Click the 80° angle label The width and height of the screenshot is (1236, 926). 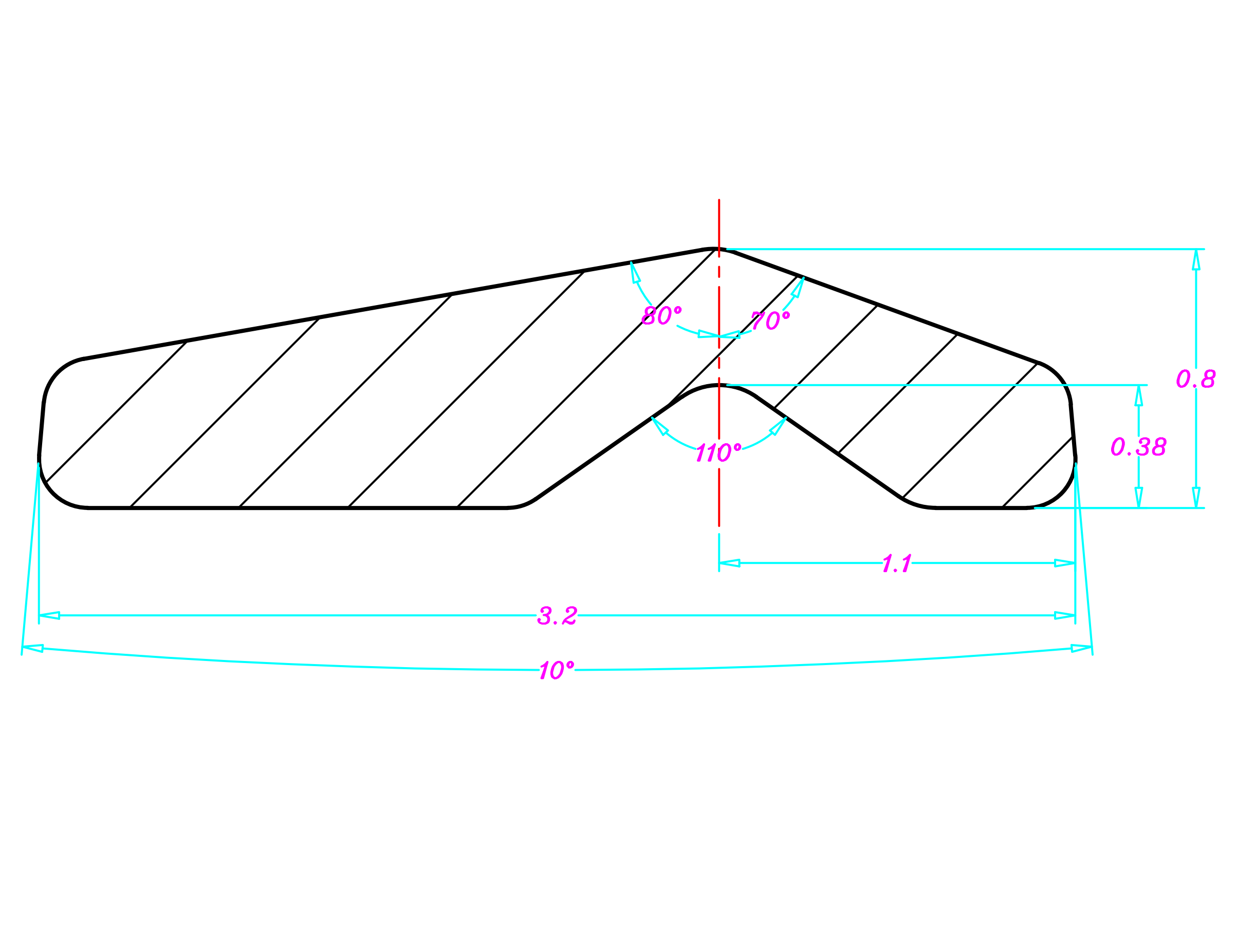(661, 315)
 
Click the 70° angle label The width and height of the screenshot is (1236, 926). (770, 320)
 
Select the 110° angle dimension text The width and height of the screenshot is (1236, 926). (718, 452)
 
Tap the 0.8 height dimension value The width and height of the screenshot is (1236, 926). (1196, 378)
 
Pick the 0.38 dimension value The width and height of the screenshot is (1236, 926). (1138, 446)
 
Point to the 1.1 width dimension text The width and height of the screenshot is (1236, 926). (897, 563)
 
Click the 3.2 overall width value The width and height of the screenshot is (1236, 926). (557, 615)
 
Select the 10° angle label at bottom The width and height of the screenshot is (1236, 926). (557, 670)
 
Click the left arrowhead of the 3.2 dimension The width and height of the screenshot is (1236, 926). (49, 615)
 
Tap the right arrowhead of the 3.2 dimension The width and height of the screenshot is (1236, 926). (1064, 615)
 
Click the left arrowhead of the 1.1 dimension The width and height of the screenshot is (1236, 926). (729, 563)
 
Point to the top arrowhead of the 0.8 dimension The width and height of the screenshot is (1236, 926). (1196, 259)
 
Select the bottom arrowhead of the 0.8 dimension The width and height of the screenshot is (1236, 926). (1196, 498)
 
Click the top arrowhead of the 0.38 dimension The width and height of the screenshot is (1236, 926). (1138, 395)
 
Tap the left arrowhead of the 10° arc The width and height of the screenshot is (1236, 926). (33, 649)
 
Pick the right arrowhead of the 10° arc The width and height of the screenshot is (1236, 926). (1081, 649)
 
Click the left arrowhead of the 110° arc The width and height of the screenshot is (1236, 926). (659, 426)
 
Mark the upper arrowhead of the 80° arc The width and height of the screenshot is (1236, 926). (635, 273)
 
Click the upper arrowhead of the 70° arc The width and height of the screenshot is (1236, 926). (799, 288)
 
